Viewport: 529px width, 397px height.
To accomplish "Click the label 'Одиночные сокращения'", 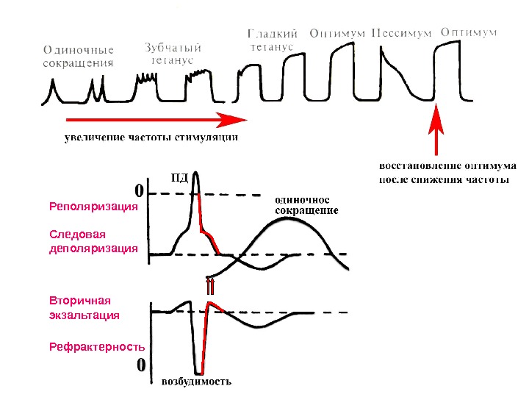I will [x=79, y=57].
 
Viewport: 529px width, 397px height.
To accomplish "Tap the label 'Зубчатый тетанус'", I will [x=173, y=53].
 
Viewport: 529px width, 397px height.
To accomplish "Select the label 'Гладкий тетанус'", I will [x=270, y=40].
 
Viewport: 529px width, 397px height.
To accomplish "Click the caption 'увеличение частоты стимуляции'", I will [x=151, y=137].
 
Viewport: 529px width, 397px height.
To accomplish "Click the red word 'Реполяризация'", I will [x=93, y=207].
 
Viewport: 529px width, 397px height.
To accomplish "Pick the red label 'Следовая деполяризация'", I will [x=93, y=241].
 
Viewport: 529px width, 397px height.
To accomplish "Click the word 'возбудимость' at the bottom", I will [x=196, y=382].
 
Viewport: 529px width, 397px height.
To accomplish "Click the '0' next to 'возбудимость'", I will [x=140, y=365].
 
